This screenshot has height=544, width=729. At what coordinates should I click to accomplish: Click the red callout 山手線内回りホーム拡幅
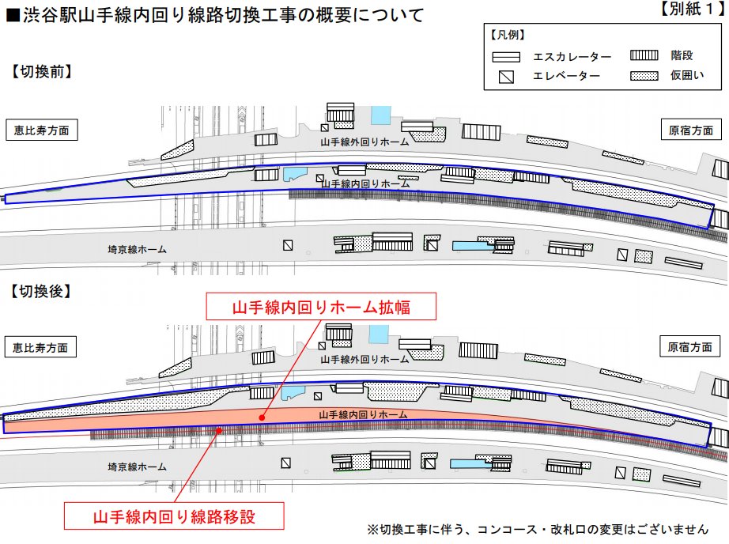click(321, 306)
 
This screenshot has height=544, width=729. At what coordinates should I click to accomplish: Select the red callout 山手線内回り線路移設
click(175, 517)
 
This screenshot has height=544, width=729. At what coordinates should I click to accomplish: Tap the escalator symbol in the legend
click(506, 57)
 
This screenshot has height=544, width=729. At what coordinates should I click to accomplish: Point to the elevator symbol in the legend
click(506, 77)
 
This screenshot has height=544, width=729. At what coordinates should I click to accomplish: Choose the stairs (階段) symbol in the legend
click(644, 56)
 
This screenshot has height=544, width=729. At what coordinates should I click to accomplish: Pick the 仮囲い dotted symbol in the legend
click(644, 76)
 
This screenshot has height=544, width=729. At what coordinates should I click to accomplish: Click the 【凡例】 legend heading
click(508, 36)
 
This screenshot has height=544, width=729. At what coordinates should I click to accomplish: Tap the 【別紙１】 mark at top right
click(689, 11)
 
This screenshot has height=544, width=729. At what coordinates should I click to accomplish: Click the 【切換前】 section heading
click(41, 72)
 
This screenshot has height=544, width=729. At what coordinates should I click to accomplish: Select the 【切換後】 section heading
click(41, 291)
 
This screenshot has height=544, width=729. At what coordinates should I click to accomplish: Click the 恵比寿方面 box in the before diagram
click(41, 130)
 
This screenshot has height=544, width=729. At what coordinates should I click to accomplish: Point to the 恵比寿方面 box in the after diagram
click(41, 346)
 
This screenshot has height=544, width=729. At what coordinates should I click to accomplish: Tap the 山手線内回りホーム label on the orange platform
click(363, 414)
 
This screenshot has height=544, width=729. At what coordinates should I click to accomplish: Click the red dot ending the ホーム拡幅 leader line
click(261, 414)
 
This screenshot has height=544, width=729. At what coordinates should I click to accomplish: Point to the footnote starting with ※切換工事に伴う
click(537, 528)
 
